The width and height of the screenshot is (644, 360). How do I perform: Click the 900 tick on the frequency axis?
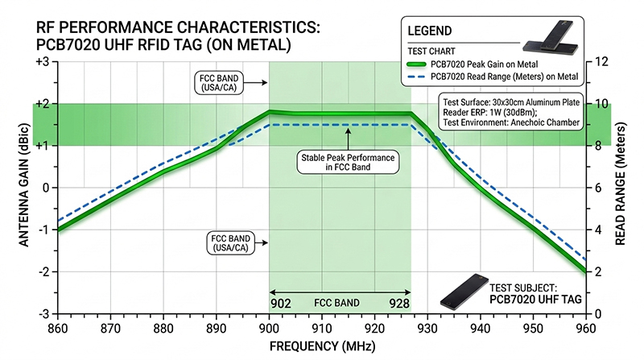pyautogui.click(x=269, y=329)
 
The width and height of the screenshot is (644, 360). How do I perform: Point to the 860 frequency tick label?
pyautogui.click(x=58, y=329)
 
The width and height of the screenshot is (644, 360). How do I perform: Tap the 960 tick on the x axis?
pyautogui.click(x=585, y=329)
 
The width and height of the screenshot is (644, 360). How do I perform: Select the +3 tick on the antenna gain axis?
pyautogui.click(x=43, y=62)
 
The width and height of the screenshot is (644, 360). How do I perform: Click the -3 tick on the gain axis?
pyautogui.click(x=43, y=313)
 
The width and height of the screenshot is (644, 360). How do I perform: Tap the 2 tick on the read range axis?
pyautogui.click(x=596, y=271)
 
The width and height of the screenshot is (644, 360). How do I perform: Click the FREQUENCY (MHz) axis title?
pyautogui.click(x=321, y=347)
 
